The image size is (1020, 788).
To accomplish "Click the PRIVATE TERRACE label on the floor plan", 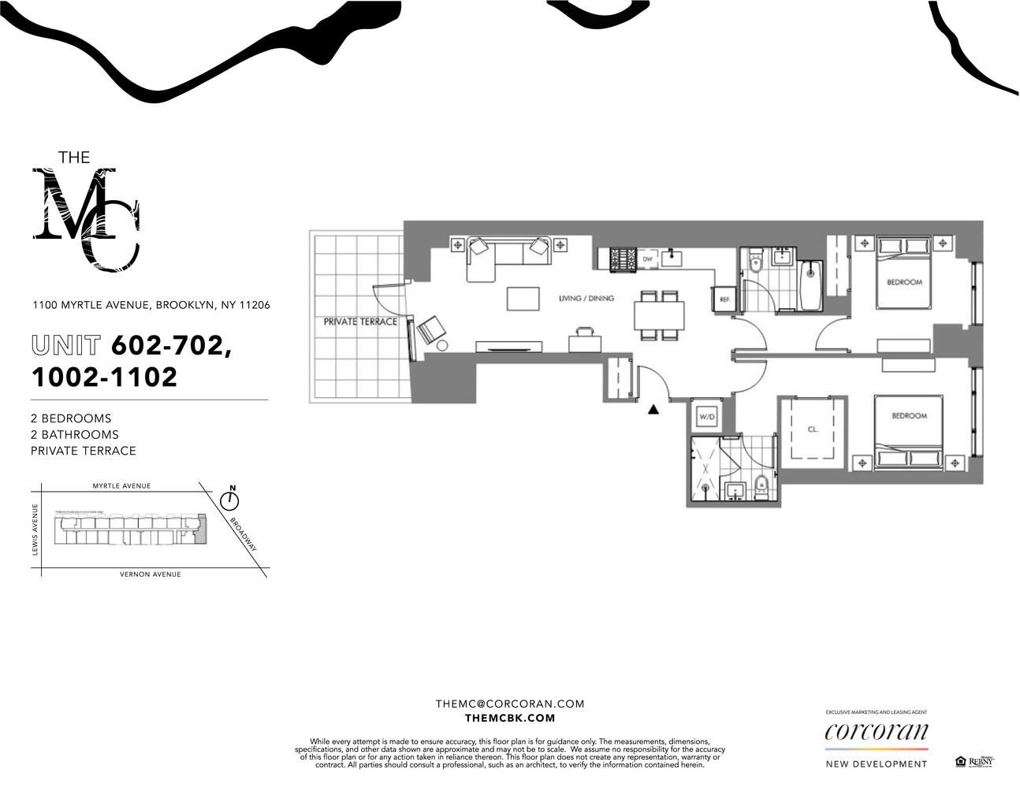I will pos(360,322).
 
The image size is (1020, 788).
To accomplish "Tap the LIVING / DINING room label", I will pos(586,299).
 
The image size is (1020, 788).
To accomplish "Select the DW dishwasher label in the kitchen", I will pos(647,258).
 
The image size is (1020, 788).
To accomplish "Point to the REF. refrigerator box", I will pos(724,299).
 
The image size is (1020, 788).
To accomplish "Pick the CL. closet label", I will pos(813,429).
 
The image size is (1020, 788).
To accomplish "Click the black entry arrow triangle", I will pos(653,409).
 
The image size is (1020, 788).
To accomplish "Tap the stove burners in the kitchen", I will pos(622,258).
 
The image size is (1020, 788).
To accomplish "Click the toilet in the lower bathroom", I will pos(761,486).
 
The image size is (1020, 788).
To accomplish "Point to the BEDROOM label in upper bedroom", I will pos(904,282).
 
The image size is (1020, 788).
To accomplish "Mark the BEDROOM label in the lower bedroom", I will pos(909,415).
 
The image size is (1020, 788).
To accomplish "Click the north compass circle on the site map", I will pos(230,500).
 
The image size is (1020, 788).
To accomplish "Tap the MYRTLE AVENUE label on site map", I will pos(121,486).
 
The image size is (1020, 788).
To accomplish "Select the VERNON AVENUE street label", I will pos(150,574).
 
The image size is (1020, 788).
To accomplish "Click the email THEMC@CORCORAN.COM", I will pos(510,704).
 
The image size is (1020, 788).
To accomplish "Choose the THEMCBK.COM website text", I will pos(510,718).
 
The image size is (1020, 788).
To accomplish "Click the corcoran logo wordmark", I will pos(876,731).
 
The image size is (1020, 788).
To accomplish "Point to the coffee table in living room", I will pos(523,299).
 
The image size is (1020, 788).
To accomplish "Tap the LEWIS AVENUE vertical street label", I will pos(35,529).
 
